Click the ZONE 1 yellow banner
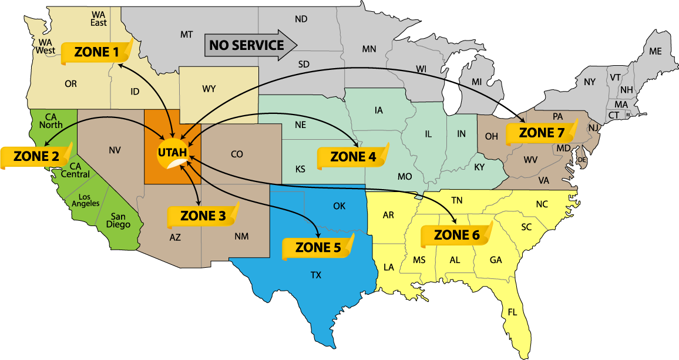(96, 52)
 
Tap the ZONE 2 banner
(36, 157)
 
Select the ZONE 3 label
(203, 216)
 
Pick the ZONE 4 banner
(353, 157)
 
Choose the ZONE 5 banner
(318, 247)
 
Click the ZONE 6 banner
(456, 235)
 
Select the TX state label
(316, 274)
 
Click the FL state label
(512, 312)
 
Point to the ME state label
(656, 52)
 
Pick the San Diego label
(119, 220)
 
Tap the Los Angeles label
(86, 200)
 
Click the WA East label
(99, 18)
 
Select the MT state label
(186, 35)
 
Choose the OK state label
(339, 206)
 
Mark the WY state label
(209, 89)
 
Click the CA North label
(51, 120)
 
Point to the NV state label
(115, 150)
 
